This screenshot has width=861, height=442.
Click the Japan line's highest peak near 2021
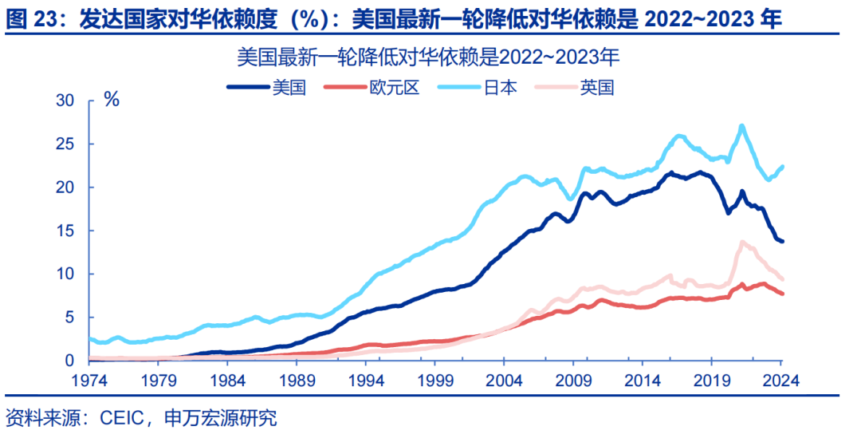pos(741,126)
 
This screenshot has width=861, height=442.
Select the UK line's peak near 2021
pos(742,242)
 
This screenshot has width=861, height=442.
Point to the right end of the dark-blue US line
pos(782,242)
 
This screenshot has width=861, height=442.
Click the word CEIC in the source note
pos(120,418)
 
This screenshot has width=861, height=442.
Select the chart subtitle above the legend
pos(428,58)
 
